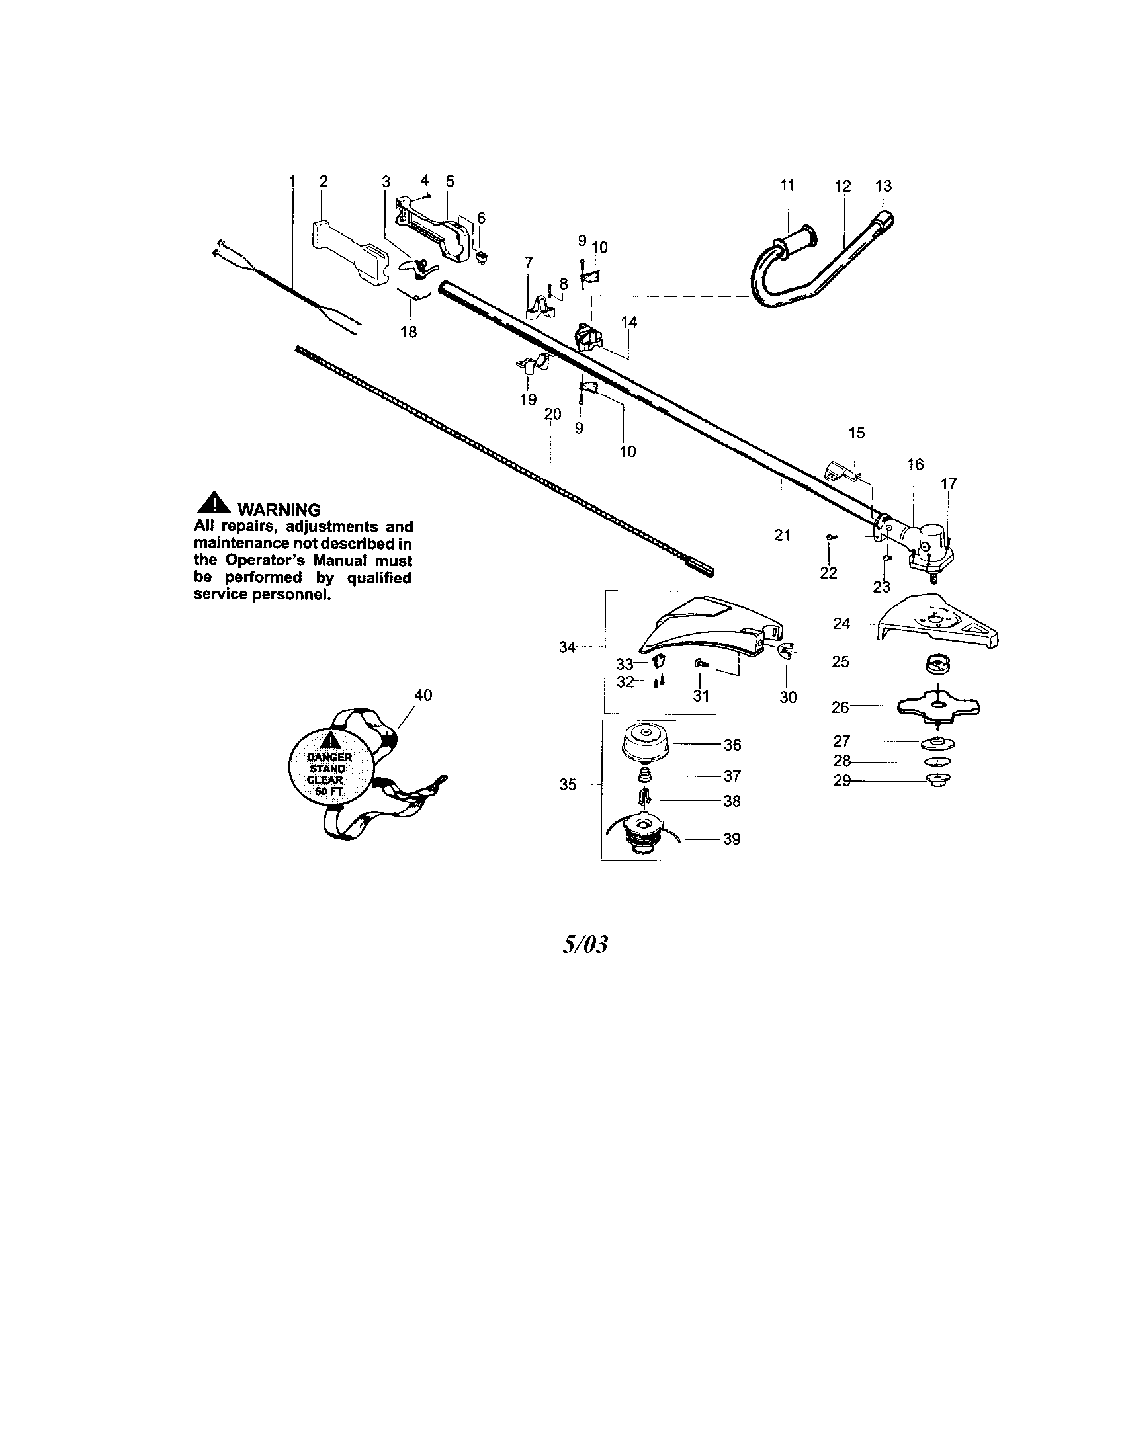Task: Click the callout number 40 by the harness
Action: (x=423, y=695)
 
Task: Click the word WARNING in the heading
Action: (x=279, y=510)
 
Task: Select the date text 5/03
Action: (x=585, y=944)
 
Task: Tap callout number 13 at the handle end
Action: (x=883, y=186)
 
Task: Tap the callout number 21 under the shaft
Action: (x=782, y=534)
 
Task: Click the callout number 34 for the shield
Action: (x=567, y=646)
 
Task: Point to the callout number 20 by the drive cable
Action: (x=552, y=414)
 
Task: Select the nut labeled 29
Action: (x=938, y=780)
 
